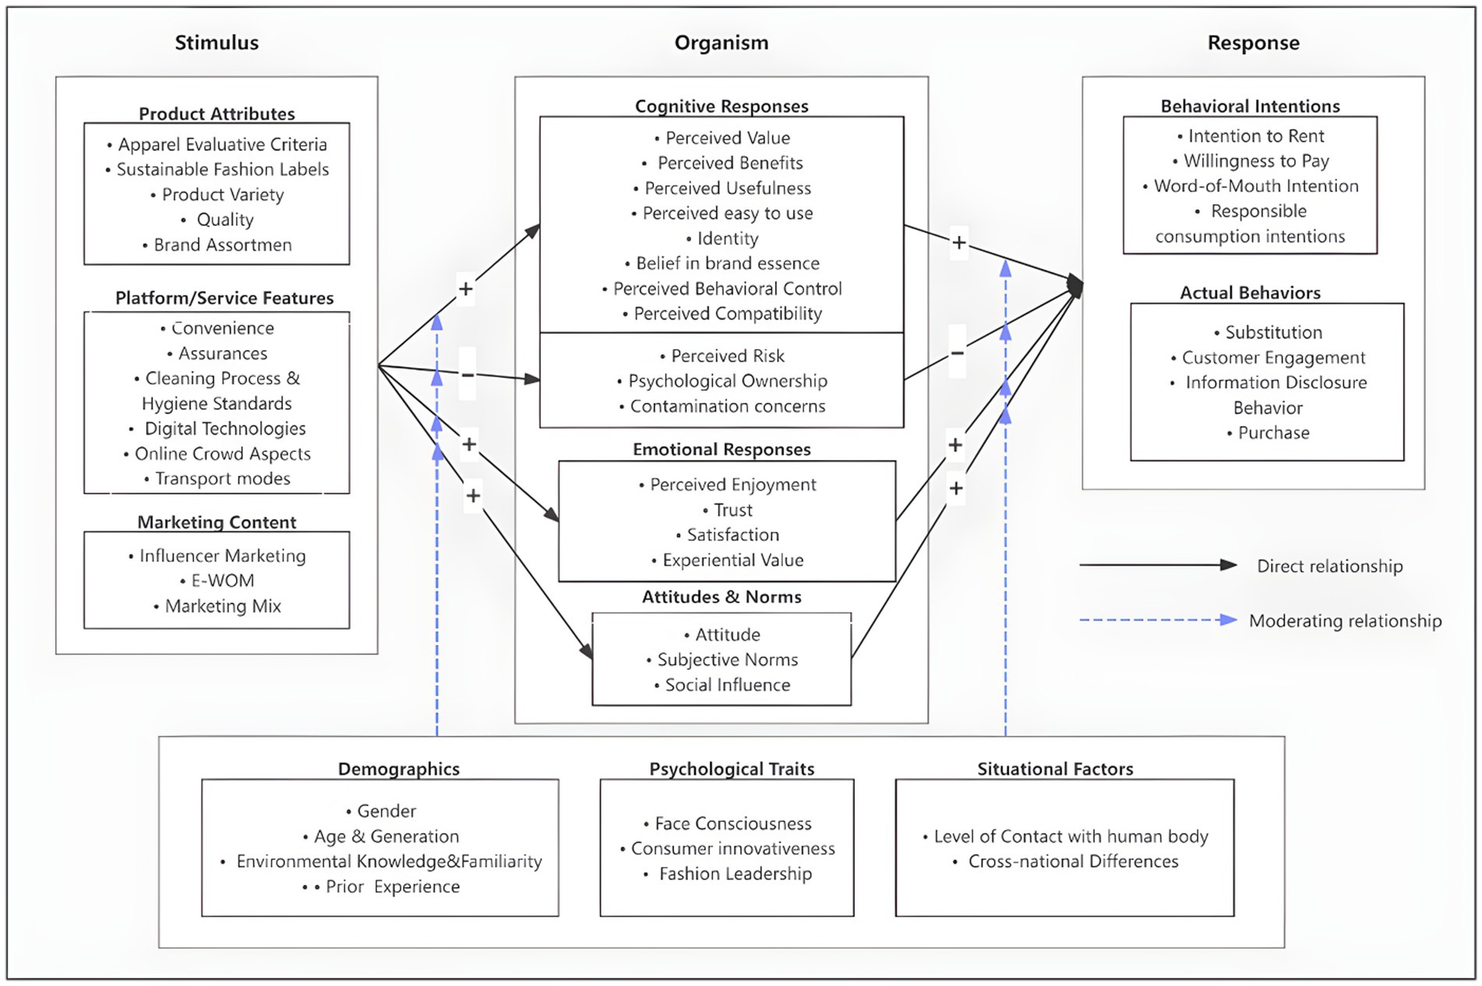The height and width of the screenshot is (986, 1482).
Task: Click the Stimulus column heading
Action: pyautogui.click(x=217, y=43)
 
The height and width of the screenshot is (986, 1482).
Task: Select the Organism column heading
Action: pyautogui.click(x=722, y=43)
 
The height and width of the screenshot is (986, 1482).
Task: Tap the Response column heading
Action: pyautogui.click(x=1253, y=43)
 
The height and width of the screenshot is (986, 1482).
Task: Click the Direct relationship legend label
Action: pyautogui.click(x=1329, y=567)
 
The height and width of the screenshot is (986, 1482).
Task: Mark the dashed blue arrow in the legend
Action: pyautogui.click(x=1158, y=620)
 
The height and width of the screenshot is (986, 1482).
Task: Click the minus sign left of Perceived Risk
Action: pyautogui.click(x=468, y=375)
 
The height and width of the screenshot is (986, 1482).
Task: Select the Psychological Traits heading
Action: pyautogui.click(x=732, y=769)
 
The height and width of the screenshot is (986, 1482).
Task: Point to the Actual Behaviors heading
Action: pyautogui.click(x=1250, y=293)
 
